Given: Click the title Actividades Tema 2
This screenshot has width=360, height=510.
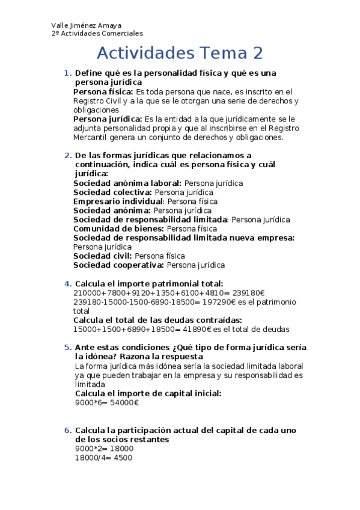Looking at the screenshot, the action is [x=180, y=53].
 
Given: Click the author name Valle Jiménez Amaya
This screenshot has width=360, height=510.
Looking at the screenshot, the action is [x=87, y=25].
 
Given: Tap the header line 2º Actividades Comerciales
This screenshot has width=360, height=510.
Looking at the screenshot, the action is [x=97, y=34].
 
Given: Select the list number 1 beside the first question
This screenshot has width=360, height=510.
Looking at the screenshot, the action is [x=67, y=73].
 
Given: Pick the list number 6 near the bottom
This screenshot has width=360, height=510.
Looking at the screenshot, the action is [x=67, y=431].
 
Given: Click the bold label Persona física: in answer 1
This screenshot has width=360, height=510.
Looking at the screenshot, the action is [x=103, y=92].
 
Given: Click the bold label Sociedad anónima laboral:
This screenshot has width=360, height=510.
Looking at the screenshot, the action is [x=127, y=183].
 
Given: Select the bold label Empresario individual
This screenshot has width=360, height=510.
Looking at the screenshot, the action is [x=118, y=201].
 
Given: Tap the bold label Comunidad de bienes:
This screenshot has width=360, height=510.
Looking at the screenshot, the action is [x=118, y=229].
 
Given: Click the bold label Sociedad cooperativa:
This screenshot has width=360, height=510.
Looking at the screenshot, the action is [x=118, y=265].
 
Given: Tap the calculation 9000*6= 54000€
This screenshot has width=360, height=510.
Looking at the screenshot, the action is [x=106, y=403].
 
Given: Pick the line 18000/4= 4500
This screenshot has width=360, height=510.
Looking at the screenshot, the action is [x=103, y=457].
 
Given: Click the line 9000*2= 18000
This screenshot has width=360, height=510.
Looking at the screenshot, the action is [x=103, y=448].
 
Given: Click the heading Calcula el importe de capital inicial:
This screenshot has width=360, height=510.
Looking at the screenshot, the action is [x=148, y=393].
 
